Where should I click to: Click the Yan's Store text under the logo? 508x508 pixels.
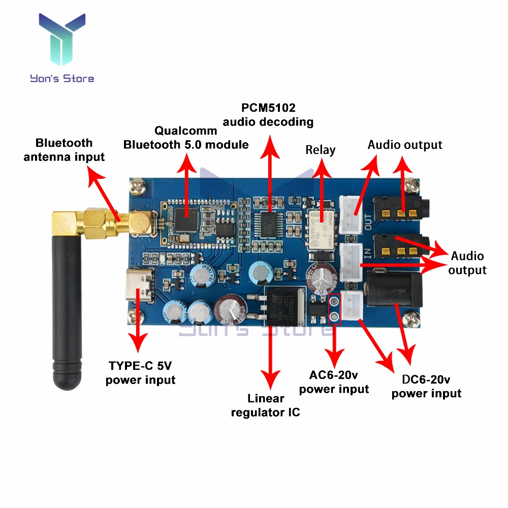[x=62, y=78]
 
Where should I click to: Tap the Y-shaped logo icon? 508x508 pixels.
[x=62, y=41]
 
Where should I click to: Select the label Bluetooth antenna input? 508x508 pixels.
[x=64, y=150]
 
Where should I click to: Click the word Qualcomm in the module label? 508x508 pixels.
[x=186, y=131]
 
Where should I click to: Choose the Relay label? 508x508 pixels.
[x=321, y=150]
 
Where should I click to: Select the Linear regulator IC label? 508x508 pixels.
[x=265, y=405]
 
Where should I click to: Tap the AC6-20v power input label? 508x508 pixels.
[x=334, y=383]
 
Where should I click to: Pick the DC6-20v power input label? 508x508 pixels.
[x=426, y=386]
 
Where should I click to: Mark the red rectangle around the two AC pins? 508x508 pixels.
[x=334, y=309]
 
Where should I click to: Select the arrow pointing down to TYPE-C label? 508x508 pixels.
[x=138, y=330]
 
